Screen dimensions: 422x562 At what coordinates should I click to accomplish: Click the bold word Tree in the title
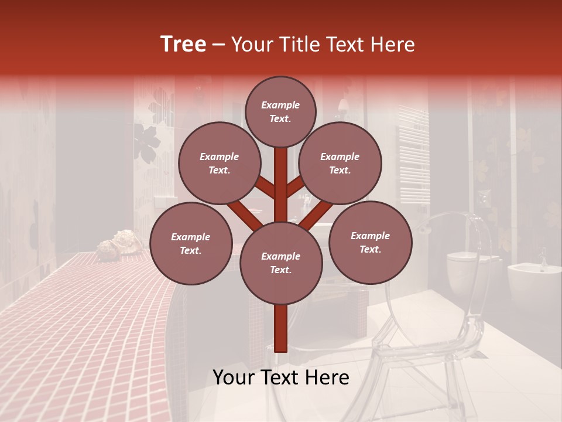click(183, 45)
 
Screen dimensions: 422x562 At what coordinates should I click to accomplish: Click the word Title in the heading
click(300, 45)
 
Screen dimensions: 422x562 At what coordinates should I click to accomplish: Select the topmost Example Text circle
click(280, 111)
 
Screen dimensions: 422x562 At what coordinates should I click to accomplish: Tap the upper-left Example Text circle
click(219, 163)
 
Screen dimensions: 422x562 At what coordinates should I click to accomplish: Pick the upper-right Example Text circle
click(340, 163)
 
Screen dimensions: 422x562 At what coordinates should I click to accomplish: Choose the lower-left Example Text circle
click(190, 243)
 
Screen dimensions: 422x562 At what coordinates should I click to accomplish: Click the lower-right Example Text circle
click(370, 242)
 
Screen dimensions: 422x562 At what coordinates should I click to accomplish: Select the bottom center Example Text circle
click(280, 263)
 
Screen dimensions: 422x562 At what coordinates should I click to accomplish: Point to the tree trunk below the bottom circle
click(281, 328)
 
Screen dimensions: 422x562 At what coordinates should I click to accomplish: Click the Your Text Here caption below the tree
click(281, 377)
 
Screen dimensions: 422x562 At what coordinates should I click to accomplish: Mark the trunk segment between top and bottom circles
click(281, 185)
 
